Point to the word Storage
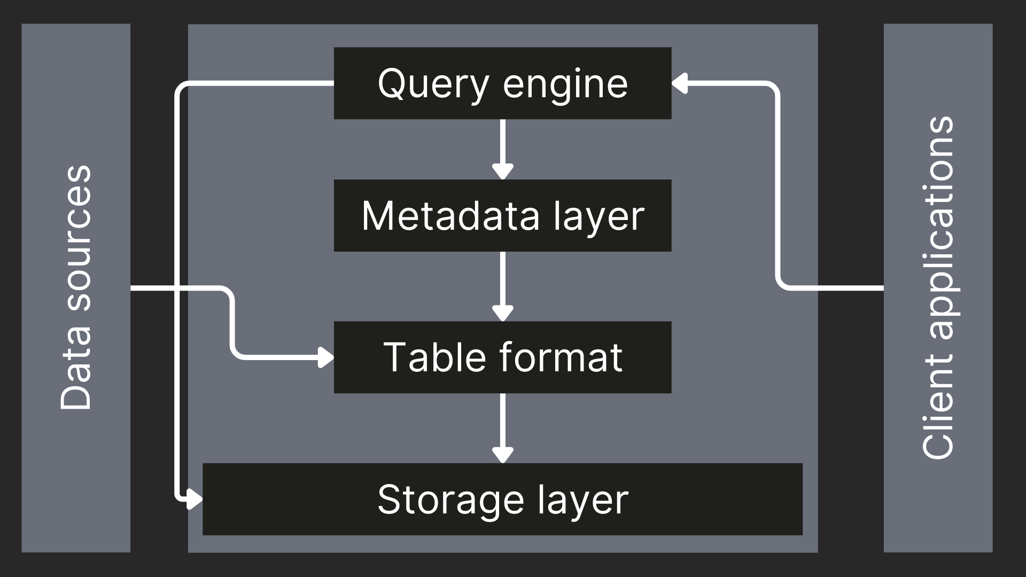(x=450, y=500)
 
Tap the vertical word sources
(x=76, y=238)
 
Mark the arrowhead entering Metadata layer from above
(x=502, y=172)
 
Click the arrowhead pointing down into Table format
(x=502, y=314)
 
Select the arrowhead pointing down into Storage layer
(x=502, y=455)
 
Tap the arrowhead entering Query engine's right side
(x=680, y=83)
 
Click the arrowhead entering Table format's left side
(x=325, y=357)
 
